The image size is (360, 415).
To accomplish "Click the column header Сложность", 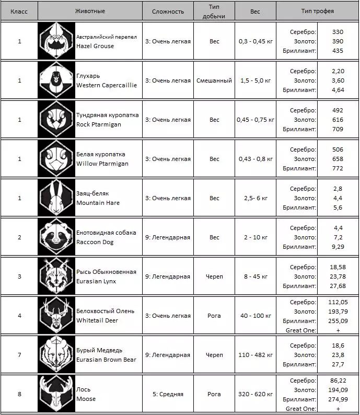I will click(168, 11).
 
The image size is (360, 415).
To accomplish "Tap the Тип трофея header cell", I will click(317, 11).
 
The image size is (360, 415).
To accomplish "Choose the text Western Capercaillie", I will click(107, 85).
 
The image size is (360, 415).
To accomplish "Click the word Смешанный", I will click(214, 80).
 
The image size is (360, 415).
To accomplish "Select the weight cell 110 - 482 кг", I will click(256, 355).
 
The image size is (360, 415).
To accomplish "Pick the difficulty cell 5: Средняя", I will click(168, 394).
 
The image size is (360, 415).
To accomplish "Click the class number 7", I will click(19, 355).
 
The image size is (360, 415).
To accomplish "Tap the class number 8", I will click(19, 394).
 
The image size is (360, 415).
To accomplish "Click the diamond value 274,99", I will click(338, 399).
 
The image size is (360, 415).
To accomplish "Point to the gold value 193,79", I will click(338, 311).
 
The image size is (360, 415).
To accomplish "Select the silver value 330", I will click(338, 32).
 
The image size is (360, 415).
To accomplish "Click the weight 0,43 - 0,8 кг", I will click(256, 159).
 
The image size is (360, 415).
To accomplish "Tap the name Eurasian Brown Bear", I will click(106, 360).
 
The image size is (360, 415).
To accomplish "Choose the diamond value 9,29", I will click(338, 247).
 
